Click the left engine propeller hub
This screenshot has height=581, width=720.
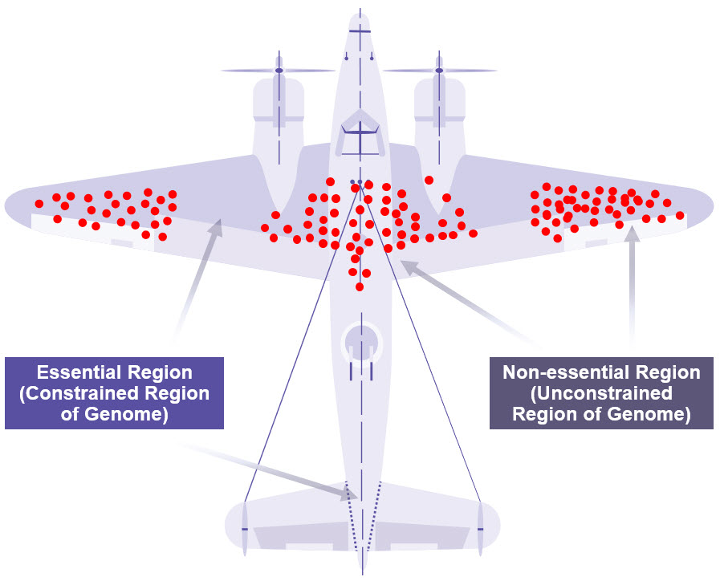pos(279,71)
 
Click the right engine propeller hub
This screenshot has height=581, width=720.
pos(439,71)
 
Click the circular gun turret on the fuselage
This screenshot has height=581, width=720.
pos(360,341)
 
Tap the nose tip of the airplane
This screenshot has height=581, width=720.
pos(360,14)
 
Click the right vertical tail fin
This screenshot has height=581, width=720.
pos(480,529)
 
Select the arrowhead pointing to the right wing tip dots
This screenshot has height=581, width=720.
pos(633,234)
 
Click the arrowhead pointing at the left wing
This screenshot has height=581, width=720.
pos(215,228)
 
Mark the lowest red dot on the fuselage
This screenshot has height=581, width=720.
pos(360,286)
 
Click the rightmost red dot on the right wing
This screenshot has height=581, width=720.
pos(680,215)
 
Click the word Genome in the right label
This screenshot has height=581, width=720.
pos(649,414)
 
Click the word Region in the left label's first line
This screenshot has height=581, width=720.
pos(163,372)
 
